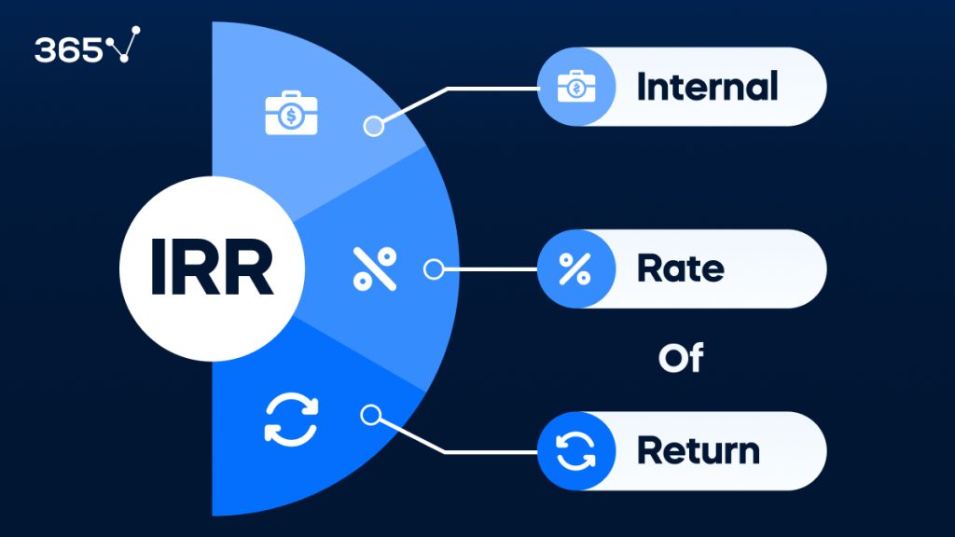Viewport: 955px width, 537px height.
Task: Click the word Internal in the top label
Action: tap(706, 88)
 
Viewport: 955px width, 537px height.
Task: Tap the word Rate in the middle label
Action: tap(680, 269)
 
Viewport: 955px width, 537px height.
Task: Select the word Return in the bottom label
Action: tap(698, 451)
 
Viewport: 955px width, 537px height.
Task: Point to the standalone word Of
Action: tap(680, 358)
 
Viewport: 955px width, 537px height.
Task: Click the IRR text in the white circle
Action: tap(212, 269)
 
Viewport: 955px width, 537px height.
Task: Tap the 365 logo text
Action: tap(69, 49)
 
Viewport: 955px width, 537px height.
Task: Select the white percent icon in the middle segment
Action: tap(374, 269)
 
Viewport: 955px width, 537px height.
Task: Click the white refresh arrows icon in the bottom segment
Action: tap(291, 420)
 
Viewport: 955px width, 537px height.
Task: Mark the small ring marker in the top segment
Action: tap(373, 126)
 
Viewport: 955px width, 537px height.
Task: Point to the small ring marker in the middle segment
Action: tap(434, 269)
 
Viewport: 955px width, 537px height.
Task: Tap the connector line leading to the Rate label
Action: tap(490, 269)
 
